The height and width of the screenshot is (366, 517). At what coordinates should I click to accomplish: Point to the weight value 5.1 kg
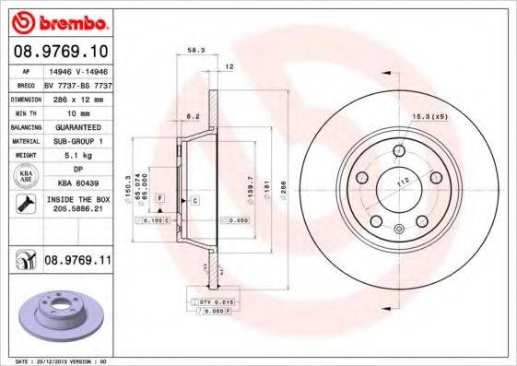click(x=77, y=155)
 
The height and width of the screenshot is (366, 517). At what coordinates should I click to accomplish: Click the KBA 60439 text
click(x=77, y=184)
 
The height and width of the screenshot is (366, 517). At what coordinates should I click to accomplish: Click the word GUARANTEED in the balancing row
click(x=77, y=125)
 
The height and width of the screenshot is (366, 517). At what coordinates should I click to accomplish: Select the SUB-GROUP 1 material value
click(x=77, y=140)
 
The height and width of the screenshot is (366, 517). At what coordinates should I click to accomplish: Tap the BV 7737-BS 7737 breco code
click(x=77, y=82)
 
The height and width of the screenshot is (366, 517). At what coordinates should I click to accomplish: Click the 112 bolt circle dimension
click(x=403, y=182)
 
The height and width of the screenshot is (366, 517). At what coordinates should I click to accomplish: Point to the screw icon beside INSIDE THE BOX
click(x=25, y=203)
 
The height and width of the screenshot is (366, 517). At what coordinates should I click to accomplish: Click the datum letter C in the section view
click(x=195, y=200)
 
